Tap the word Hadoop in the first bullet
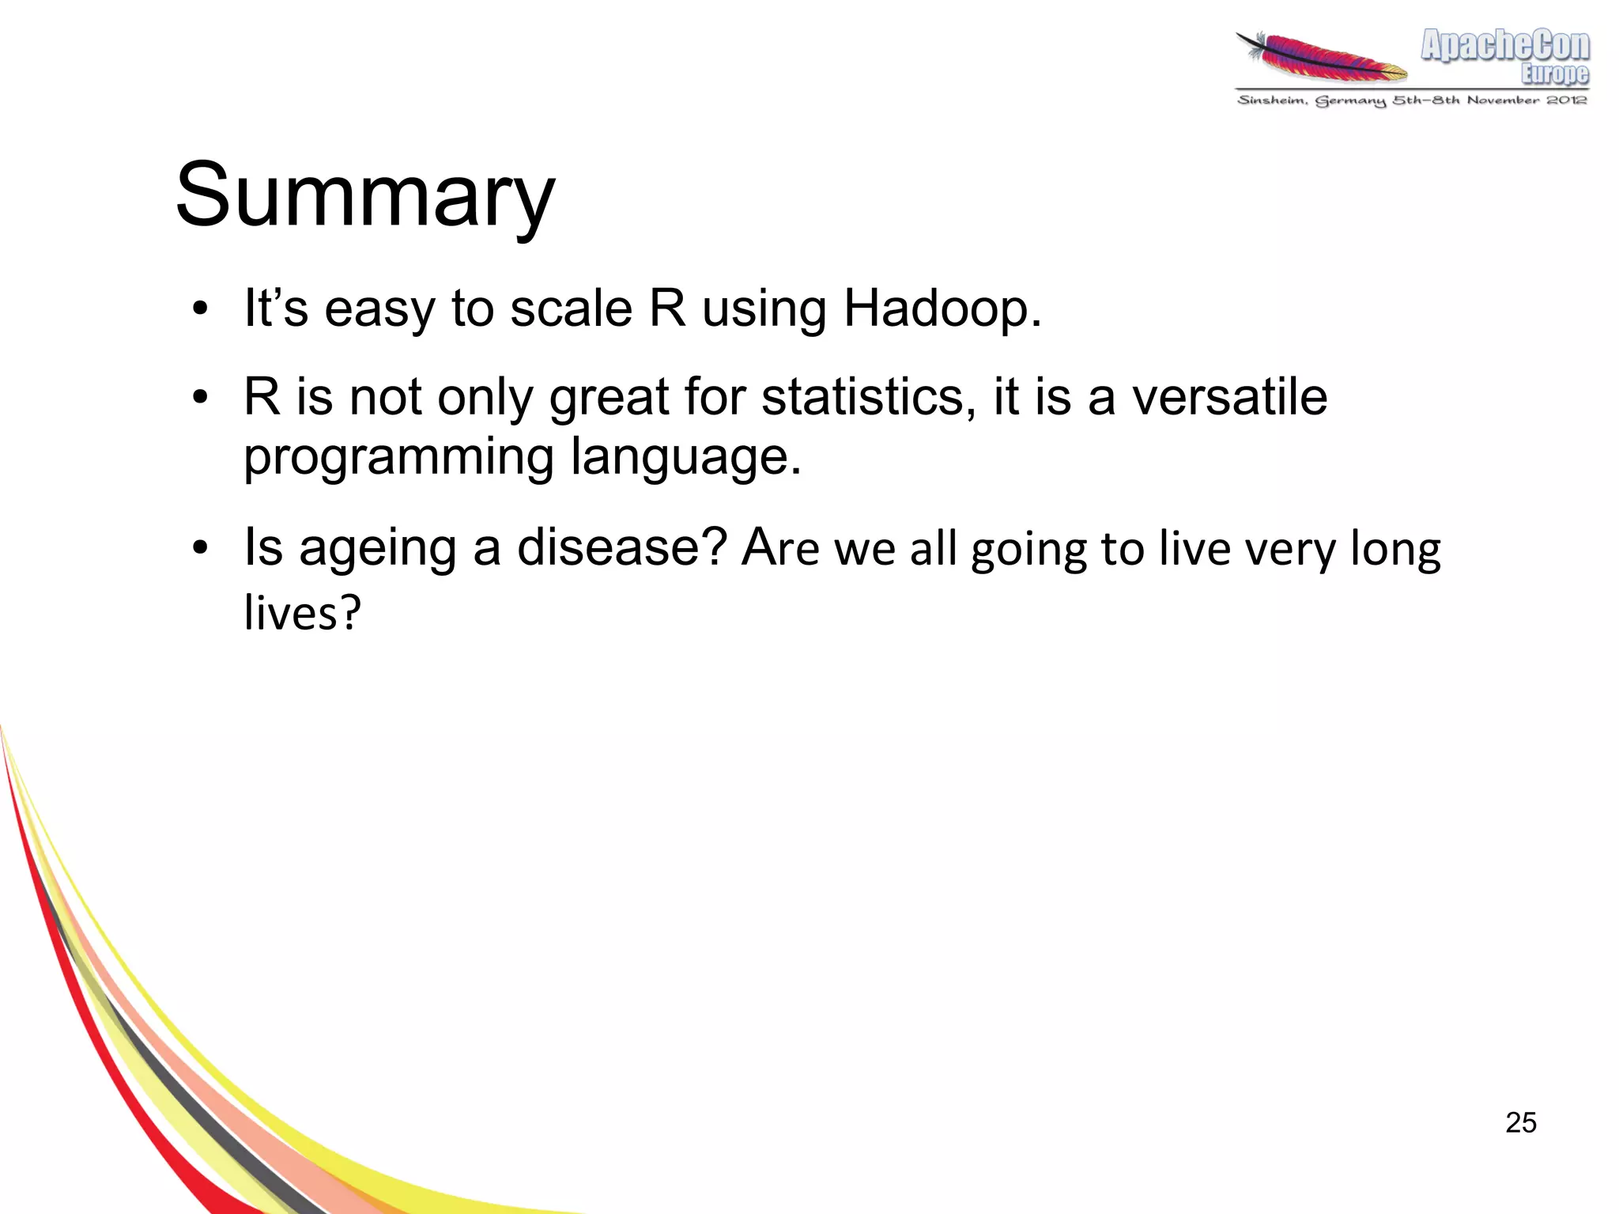click(x=942, y=308)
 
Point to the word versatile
click(x=1229, y=397)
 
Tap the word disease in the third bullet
click(x=621, y=547)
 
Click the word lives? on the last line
click(x=302, y=612)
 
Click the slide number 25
click(x=1520, y=1123)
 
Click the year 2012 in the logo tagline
click(x=1566, y=100)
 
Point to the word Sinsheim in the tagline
click(x=1271, y=100)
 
